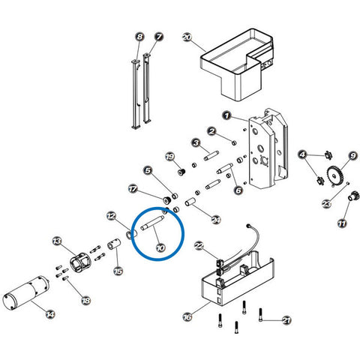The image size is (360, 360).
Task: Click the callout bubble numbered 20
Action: tap(187, 37)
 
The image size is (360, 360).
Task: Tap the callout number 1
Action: tap(226, 115)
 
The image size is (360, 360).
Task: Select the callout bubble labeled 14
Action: tap(50, 314)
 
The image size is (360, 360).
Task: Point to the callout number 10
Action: tap(160, 247)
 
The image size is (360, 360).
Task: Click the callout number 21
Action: tap(286, 320)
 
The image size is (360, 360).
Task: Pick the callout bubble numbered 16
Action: tap(187, 317)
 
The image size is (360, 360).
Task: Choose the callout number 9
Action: tap(352, 156)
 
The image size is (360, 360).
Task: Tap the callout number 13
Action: tap(57, 241)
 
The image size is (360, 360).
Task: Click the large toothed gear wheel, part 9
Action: tap(337, 176)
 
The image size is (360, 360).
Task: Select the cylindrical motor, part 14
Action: tap(26, 293)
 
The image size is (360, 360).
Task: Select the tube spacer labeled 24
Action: tap(191, 201)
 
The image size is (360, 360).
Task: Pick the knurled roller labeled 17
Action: tap(166, 200)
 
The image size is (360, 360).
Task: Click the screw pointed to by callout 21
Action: tap(261, 315)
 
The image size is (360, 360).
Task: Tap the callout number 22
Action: tap(199, 246)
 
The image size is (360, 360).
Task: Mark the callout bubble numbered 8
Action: tap(139, 37)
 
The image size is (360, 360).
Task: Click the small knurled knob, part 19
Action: tap(181, 172)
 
